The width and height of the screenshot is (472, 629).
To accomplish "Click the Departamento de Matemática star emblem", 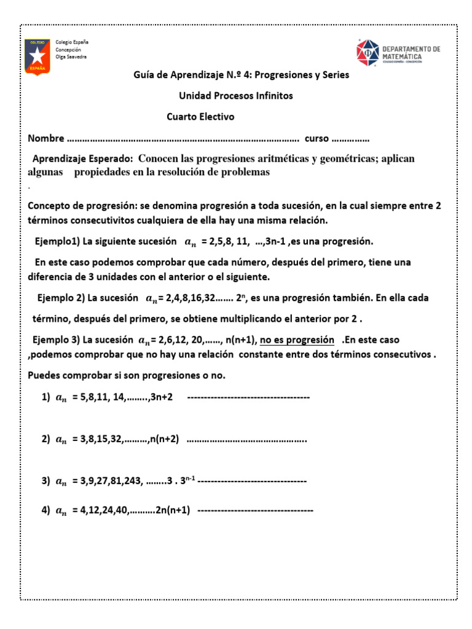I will (371, 53).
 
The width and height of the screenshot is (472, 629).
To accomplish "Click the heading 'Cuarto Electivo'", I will (200, 117).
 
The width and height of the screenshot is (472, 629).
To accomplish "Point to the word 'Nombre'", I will (46, 138).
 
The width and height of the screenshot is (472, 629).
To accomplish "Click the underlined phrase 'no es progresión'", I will (297, 340).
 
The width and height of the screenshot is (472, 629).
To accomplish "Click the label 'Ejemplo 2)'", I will (60, 298).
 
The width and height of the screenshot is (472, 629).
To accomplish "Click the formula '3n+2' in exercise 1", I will (162, 397).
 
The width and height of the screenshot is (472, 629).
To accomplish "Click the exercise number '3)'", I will (46, 482).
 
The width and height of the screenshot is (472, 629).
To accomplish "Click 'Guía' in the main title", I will (144, 75).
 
